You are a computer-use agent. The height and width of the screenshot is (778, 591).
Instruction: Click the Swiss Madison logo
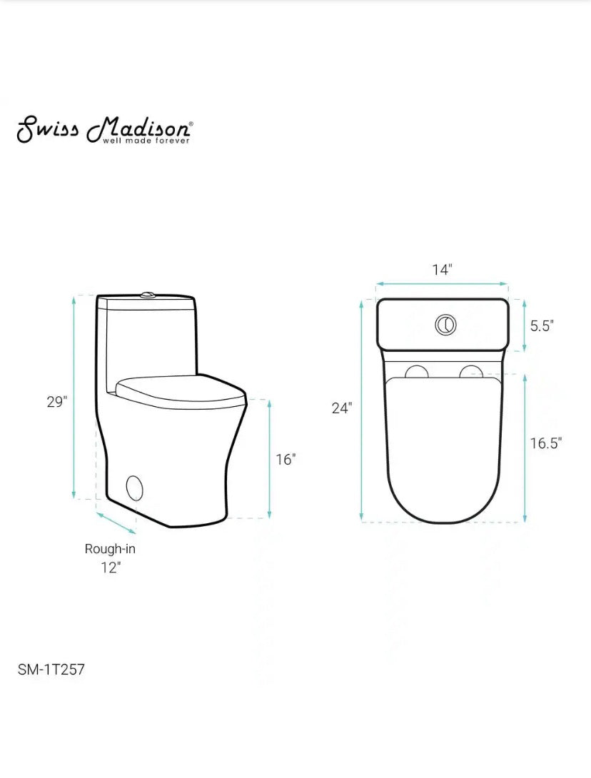point(104,128)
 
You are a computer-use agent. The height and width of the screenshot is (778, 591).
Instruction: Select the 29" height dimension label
point(56,401)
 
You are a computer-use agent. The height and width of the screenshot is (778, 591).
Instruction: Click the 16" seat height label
point(286,460)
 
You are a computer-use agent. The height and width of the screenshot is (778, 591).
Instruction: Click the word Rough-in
point(110,549)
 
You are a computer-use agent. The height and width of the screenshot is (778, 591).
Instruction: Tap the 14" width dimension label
point(443,270)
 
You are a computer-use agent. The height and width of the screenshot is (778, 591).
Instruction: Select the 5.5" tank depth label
point(542,325)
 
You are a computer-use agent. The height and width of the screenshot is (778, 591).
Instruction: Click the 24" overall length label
point(342,408)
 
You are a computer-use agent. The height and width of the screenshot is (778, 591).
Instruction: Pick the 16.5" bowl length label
point(546,443)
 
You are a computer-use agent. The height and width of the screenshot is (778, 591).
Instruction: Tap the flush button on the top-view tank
point(445,325)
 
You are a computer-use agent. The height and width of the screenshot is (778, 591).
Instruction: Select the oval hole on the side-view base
point(134,487)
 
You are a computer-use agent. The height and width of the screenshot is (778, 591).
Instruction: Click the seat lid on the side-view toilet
point(178,387)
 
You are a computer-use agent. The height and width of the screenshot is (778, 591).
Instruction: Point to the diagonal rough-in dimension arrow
point(116,522)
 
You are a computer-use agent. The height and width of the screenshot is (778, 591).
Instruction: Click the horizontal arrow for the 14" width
point(443,283)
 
